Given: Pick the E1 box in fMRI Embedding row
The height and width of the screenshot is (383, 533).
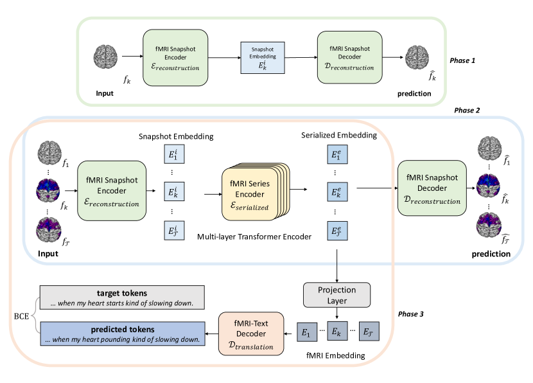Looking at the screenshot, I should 307,332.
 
